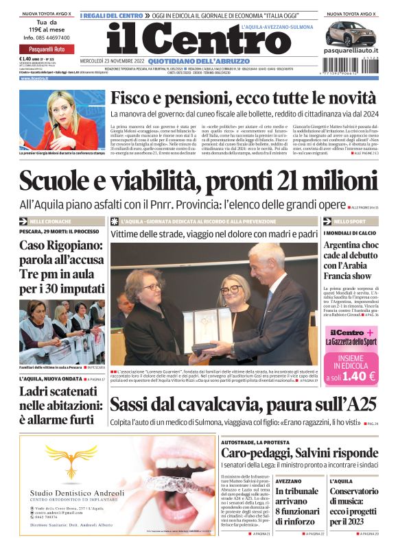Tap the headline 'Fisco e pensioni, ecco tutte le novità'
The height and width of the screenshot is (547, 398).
click(244, 99)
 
